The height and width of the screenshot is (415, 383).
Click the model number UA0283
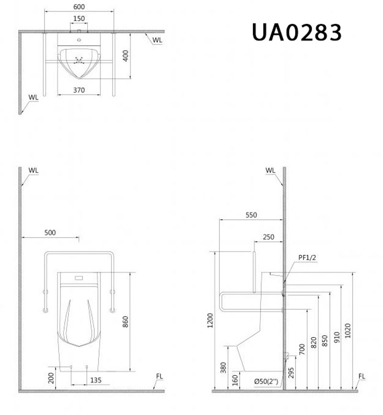[x=296, y=33]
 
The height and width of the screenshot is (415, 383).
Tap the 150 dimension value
[x=79, y=19]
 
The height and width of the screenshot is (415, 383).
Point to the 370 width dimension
[x=79, y=89]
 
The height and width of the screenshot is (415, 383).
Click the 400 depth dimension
[x=126, y=56]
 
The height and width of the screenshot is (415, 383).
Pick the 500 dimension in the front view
[x=50, y=232]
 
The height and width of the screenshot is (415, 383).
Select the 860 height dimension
[x=125, y=323]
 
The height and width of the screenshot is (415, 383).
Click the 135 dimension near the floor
[x=96, y=381]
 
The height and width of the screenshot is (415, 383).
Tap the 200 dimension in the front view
[x=51, y=379]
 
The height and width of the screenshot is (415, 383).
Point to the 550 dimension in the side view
[x=251, y=215]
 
